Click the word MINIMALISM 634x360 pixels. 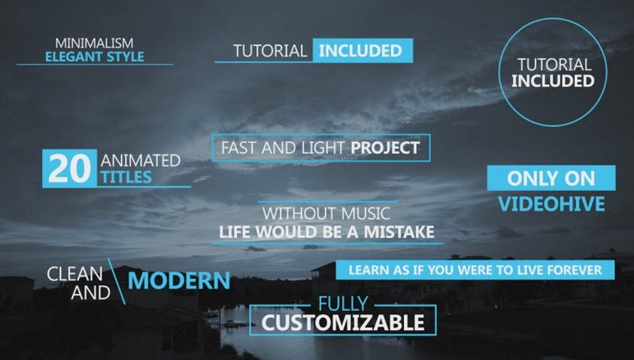(94, 43)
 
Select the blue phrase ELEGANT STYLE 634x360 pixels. (95, 56)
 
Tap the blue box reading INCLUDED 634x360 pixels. (363, 50)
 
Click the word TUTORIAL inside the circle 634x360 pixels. (554, 65)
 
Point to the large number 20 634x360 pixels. (69, 168)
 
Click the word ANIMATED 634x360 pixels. (141, 161)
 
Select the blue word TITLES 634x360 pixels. (126, 177)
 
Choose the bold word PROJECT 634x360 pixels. (385, 148)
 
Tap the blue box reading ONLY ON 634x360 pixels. (551, 178)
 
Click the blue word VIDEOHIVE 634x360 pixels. (551, 204)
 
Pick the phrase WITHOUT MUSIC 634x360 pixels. (326, 213)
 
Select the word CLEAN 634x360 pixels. (74, 274)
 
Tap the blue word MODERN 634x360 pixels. (179, 281)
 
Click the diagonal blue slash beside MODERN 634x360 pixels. (117, 282)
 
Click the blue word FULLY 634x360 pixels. (343, 304)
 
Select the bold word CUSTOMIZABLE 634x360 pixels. (343, 322)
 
